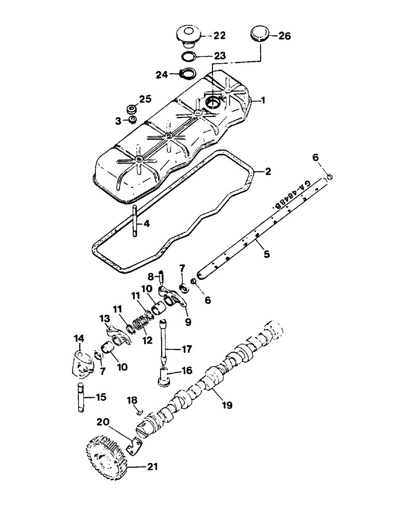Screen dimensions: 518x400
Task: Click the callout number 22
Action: click(x=220, y=35)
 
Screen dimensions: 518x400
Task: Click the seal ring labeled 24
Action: click(x=188, y=73)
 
